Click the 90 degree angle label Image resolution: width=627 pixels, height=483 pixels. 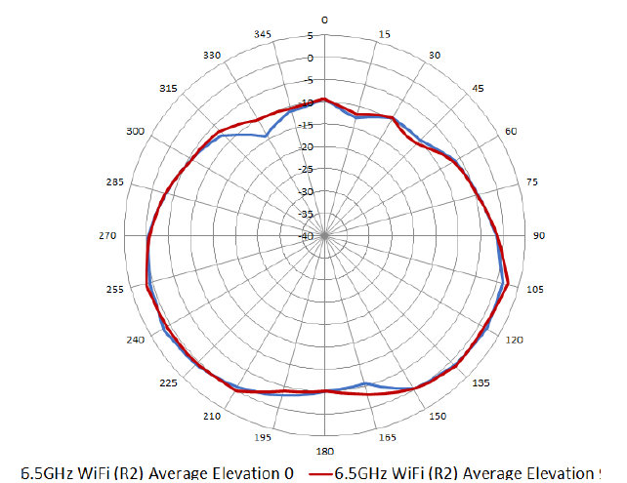tap(538, 235)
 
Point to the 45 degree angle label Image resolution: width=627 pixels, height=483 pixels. tap(478, 89)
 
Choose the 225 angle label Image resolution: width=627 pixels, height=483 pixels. tap(169, 382)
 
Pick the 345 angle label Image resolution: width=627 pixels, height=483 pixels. tap(263, 34)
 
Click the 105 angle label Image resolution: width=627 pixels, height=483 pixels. tap(533, 290)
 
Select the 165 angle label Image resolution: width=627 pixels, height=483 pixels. tap(387, 438)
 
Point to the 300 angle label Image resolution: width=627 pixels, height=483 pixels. tap(135, 131)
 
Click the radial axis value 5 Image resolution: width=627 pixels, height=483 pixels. tap(312, 36)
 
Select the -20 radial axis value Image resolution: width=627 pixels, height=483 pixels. tap(307, 147)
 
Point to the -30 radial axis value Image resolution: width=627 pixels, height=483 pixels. tap(307, 191)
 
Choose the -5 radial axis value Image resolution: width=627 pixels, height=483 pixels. tap(308, 81)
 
